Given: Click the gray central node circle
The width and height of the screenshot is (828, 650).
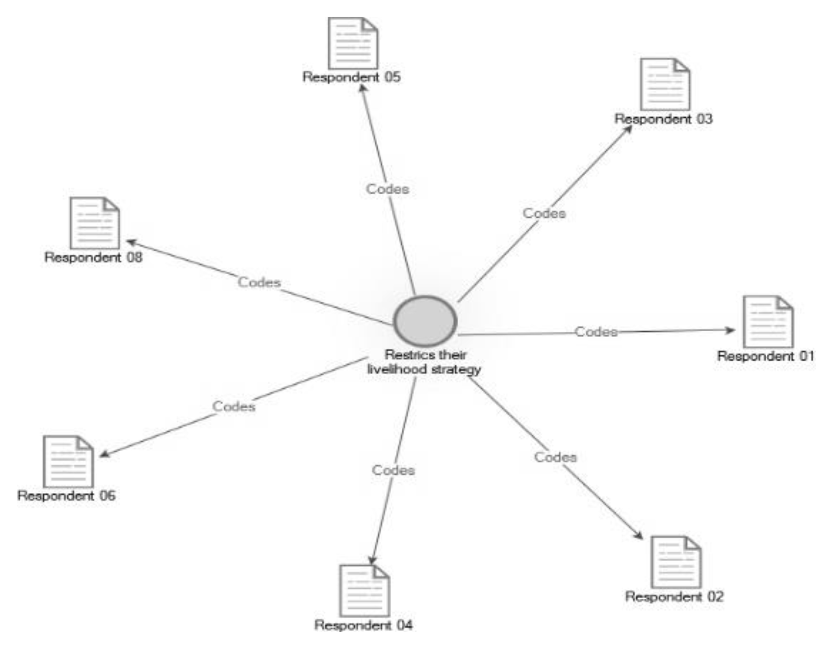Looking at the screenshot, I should pyautogui.click(x=425, y=321).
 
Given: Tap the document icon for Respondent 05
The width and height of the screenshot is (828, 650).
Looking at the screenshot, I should pyautogui.click(x=353, y=43).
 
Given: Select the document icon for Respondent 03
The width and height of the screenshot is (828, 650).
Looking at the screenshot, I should pyautogui.click(x=665, y=84).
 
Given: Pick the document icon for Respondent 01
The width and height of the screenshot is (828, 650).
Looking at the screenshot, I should pyautogui.click(x=768, y=322).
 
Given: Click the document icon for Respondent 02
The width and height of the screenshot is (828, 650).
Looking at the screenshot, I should pyautogui.click(x=676, y=562).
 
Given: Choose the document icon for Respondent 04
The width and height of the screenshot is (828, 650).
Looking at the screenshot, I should pyautogui.click(x=364, y=590).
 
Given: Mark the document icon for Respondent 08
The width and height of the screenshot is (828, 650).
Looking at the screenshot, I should pyautogui.click(x=95, y=223).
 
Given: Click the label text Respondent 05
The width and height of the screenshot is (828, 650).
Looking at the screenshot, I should pyautogui.click(x=351, y=77).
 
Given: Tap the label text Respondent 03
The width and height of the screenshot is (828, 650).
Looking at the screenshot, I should pyautogui.click(x=663, y=119).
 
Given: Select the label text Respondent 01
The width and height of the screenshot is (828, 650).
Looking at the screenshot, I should pyautogui.click(x=765, y=356).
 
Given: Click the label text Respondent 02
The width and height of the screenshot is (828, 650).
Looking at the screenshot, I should pyautogui.click(x=674, y=597).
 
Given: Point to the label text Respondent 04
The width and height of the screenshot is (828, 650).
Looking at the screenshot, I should pyautogui.click(x=363, y=625).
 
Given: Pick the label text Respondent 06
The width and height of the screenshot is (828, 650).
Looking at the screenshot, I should pyautogui.click(x=66, y=496).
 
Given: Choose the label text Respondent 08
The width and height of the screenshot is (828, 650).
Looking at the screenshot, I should pyautogui.click(x=93, y=257).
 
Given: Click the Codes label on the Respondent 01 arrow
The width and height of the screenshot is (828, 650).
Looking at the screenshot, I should pyautogui.click(x=596, y=332).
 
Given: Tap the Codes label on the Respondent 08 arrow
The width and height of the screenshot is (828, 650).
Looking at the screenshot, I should pyautogui.click(x=259, y=282).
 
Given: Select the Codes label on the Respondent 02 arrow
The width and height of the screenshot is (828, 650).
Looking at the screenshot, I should pyautogui.click(x=555, y=457).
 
